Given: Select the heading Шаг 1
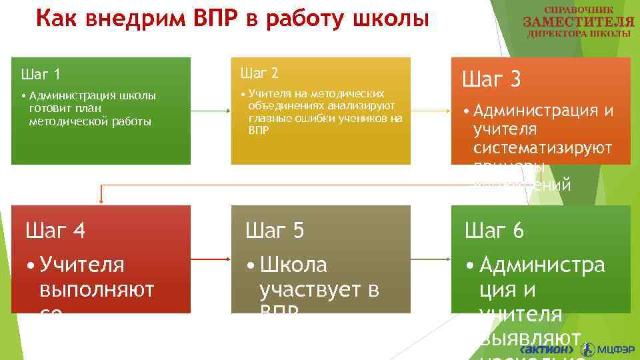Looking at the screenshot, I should [41, 74].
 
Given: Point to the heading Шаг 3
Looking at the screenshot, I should [491, 81].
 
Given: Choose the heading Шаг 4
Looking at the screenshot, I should [55, 231].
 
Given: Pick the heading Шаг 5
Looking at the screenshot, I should [275, 231].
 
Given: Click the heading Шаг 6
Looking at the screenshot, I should [494, 231].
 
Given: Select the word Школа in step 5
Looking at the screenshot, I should [293, 265].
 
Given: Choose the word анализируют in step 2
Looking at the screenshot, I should [360, 105].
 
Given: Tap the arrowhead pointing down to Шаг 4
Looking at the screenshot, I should [101, 199].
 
